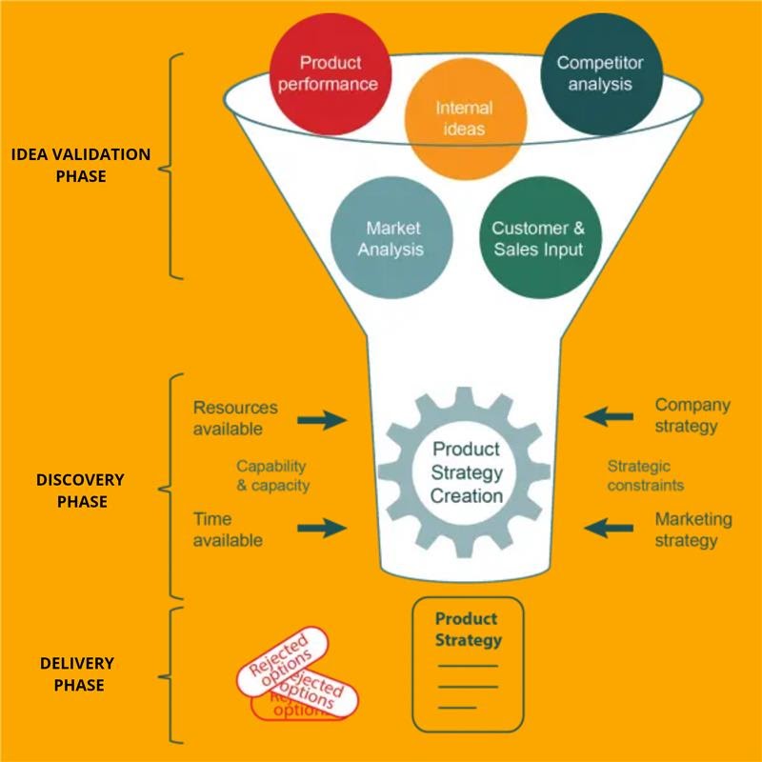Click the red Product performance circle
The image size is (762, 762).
[331, 73]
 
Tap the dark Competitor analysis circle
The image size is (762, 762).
[600, 74]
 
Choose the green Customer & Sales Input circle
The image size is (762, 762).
[537, 239]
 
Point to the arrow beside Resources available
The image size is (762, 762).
[323, 418]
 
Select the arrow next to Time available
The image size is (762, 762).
[323, 528]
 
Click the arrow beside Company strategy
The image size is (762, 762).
[609, 415]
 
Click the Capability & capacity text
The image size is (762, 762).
[272, 475]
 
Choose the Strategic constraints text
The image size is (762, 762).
[646, 475]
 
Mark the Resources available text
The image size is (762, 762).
[235, 418]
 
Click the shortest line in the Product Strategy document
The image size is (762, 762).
[457, 707]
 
